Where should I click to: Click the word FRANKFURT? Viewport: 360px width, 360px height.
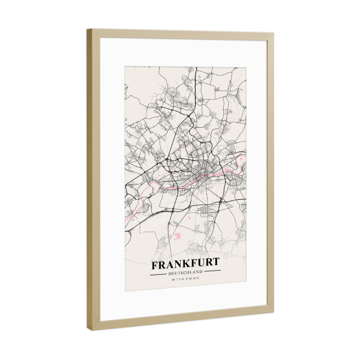[185, 264]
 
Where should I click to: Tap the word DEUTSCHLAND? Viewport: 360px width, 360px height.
[185, 272]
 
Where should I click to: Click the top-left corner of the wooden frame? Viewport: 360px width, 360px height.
[88, 29]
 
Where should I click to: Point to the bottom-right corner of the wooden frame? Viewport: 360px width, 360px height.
[273, 310]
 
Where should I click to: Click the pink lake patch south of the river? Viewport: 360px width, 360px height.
[178, 236]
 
